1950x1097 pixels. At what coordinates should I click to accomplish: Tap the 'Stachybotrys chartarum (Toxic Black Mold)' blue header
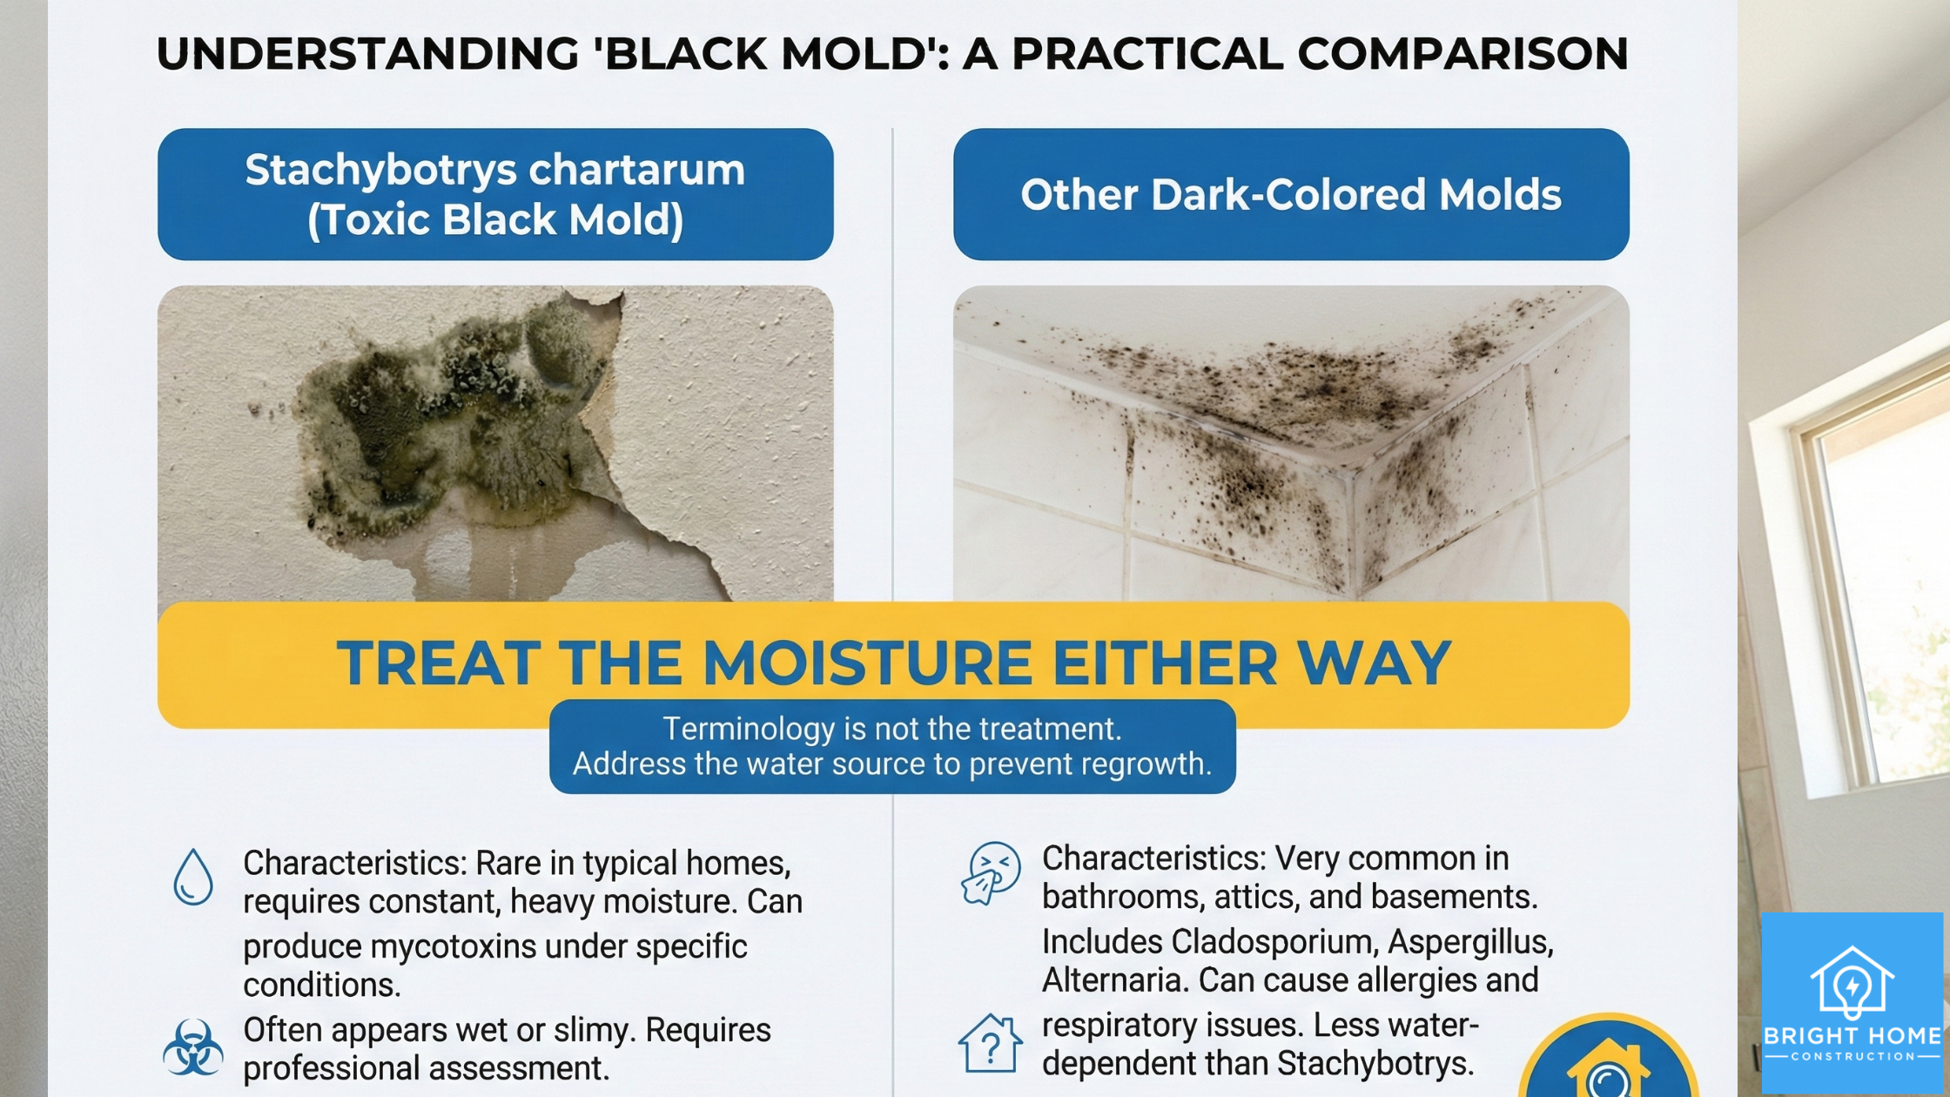[x=495, y=194]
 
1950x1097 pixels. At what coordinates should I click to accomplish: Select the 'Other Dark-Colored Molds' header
[x=1290, y=194]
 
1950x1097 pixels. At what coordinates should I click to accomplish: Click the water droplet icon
[x=193, y=877]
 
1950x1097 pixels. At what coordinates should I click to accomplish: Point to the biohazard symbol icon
[x=192, y=1047]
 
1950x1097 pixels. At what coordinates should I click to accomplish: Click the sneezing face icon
[x=991, y=873]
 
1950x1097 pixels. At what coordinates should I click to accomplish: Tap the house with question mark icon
[x=990, y=1043]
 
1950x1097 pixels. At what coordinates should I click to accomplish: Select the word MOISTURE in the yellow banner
[x=867, y=663]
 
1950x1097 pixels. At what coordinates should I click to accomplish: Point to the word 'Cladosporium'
[x=1274, y=942]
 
